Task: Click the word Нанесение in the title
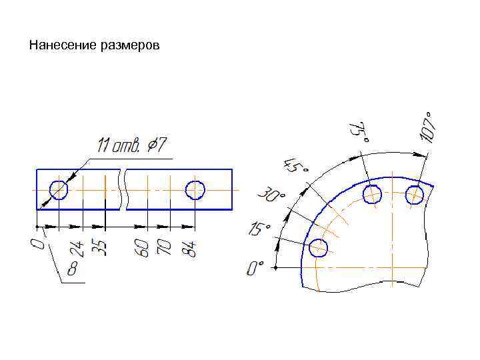coord(63,45)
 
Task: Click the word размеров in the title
coord(130,46)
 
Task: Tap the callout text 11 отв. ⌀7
coord(132,145)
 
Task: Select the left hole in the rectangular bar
coord(59,190)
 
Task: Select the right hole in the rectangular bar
coord(195,190)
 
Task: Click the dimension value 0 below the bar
coord(37,244)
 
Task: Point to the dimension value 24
coord(77,249)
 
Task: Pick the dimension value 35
coord(100,248)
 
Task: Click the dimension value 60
coord(142,248)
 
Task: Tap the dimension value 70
coord(164,247)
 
